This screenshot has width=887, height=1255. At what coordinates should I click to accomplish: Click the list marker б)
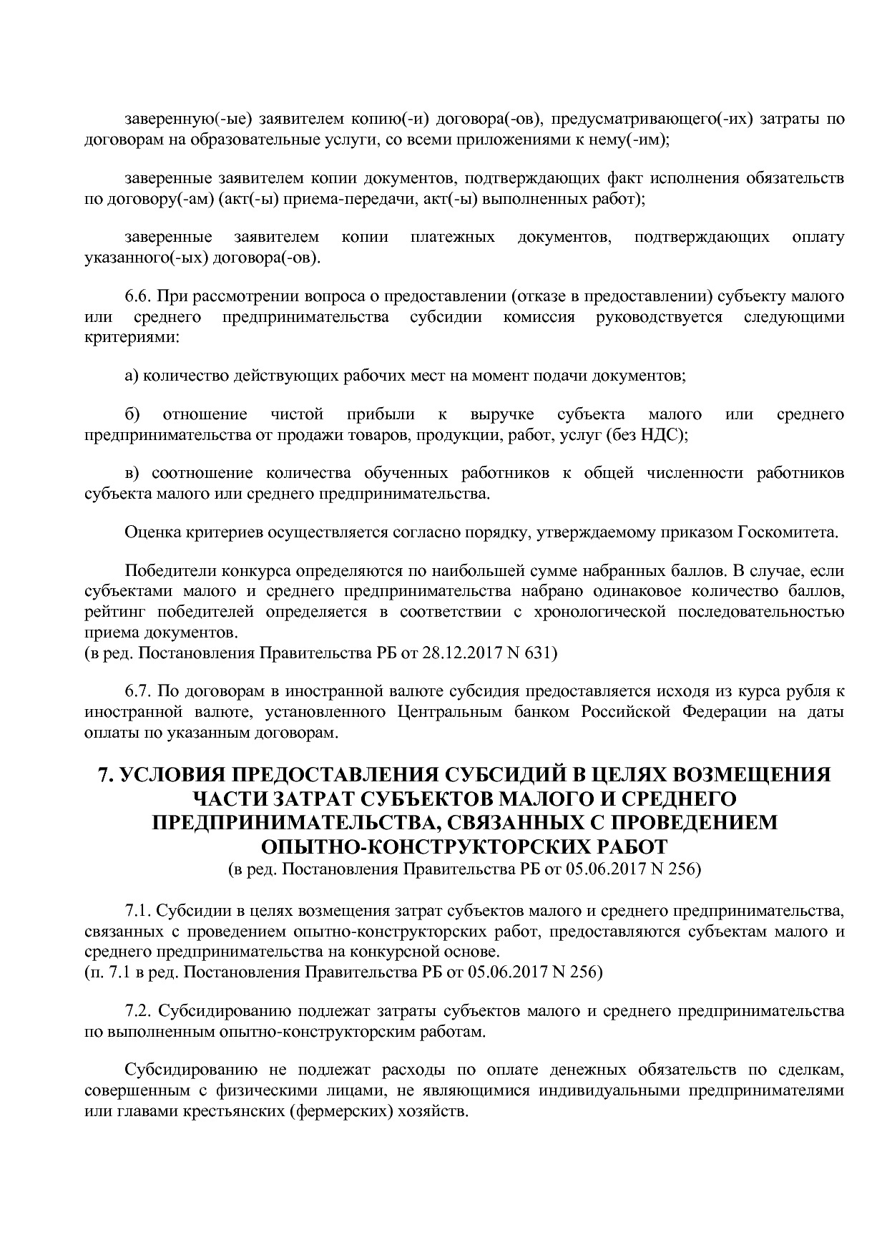tap(133, 415)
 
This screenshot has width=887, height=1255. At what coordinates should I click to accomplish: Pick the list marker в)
tap(133, 474)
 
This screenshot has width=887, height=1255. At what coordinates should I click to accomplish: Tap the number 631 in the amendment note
tap(538, 653)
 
